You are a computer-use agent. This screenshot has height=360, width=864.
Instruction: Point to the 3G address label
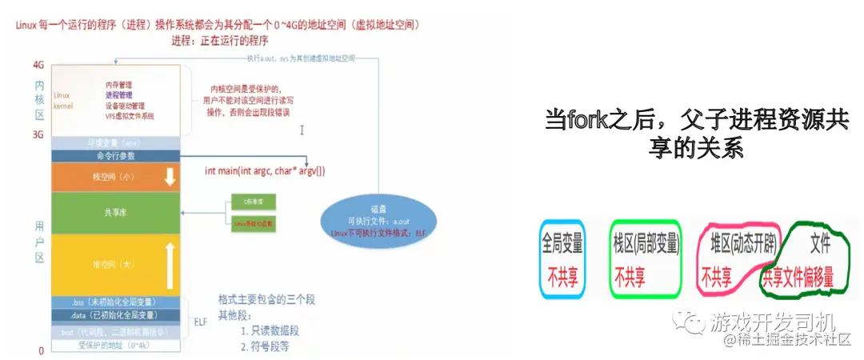click(x=38, y=135)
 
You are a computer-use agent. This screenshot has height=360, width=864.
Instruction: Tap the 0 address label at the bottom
click(x=40, y=350)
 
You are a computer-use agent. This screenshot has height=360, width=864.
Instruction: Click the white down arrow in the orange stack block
click(x=169, y=177)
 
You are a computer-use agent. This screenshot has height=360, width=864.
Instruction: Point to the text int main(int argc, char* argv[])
click(x=265, y=171)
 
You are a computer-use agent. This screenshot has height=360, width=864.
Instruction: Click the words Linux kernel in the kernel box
click(x=62, y=100)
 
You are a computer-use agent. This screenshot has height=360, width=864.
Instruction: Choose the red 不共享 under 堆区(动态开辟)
click(x=717, y=277)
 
